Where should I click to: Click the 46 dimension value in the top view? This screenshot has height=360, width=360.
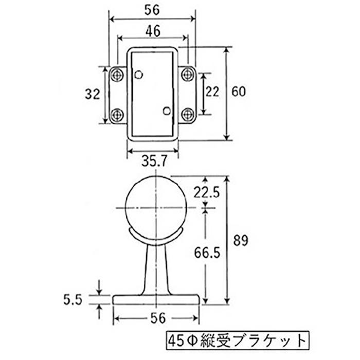click(x=153, y=31)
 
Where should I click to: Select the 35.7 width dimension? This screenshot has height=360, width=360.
click(x=154, y=160)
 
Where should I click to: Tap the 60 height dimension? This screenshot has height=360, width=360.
click(x=239, y=92)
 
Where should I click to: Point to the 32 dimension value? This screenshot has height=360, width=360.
click(x=92, y=94)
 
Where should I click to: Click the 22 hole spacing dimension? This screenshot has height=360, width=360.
click(x=212, y=92)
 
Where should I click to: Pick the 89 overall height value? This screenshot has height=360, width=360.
click(x=241, y=240)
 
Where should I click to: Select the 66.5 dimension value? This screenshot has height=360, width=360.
click(x=207, y=253)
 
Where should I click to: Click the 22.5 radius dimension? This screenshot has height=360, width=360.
click(x=207, y=192)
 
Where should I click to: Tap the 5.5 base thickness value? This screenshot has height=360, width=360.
click(x=73, y=300)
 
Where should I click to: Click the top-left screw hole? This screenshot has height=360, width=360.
click(x=117, y=75)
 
